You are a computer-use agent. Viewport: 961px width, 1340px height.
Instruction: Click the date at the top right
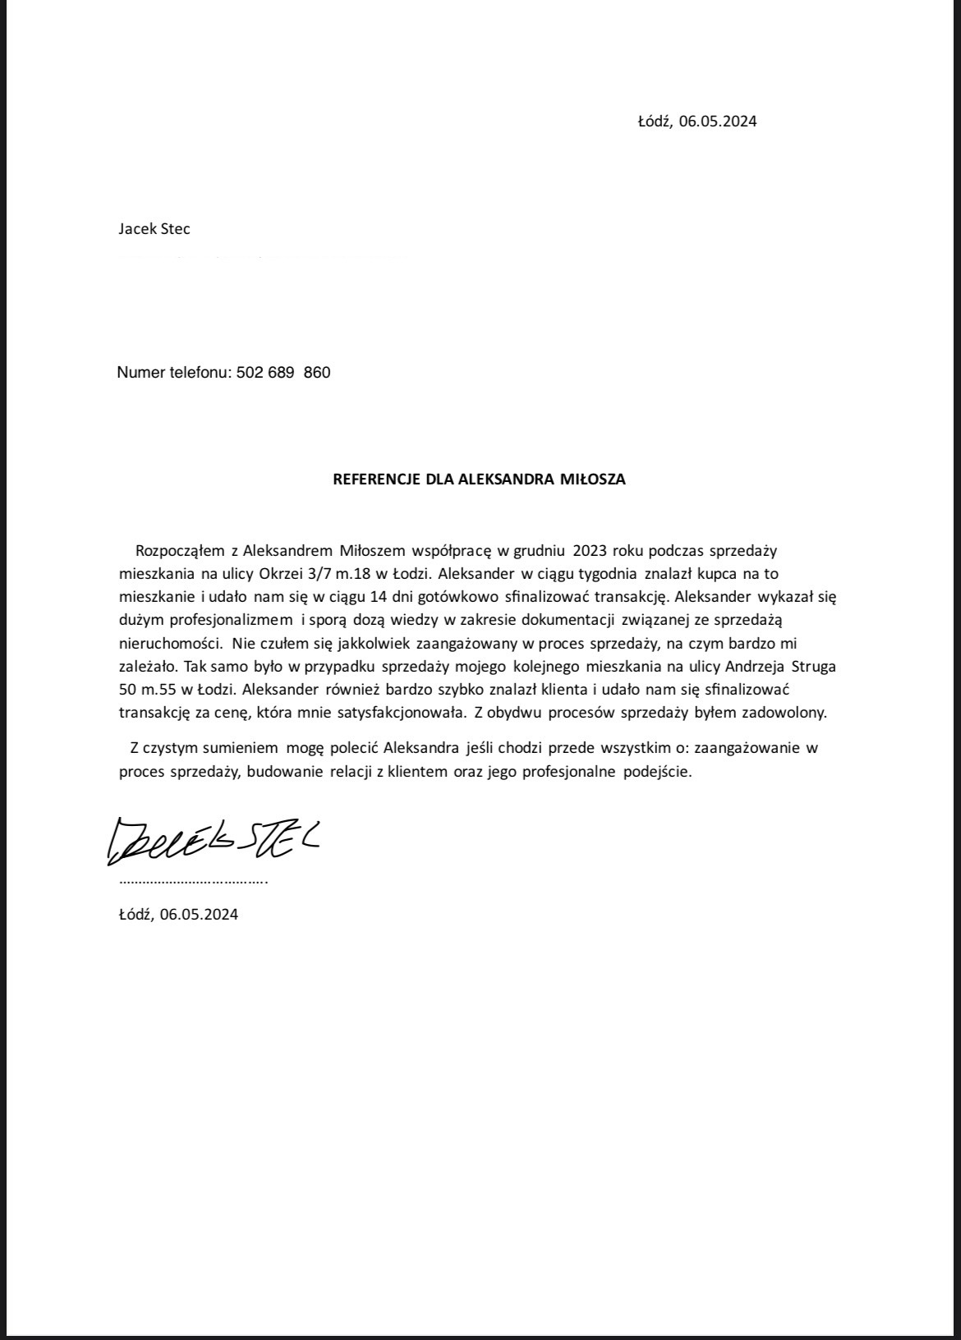click(x=697, y=122)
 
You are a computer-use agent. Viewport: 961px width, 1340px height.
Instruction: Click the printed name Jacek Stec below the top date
click(x=154, y=229)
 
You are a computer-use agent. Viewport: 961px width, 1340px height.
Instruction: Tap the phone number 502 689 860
click(x=283, y=373)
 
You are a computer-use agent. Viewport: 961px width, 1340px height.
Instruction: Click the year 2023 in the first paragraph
click(x=591, y=550)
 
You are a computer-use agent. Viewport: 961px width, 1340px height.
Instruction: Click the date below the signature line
click(x=178, y=915)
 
